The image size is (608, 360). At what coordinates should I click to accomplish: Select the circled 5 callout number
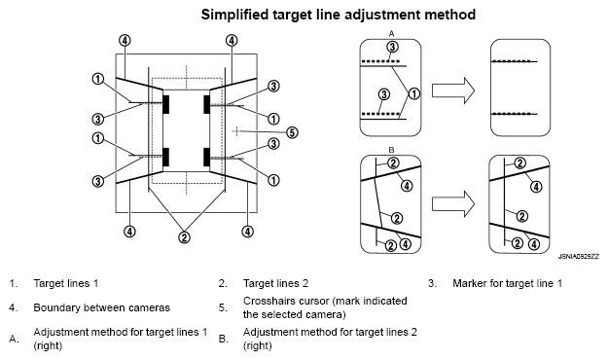292,132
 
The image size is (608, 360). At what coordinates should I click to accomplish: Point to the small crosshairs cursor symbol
236,131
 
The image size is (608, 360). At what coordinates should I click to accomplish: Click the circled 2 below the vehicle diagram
184,237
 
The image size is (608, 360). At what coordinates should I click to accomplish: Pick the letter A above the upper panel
391,34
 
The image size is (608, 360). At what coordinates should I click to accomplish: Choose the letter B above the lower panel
391,150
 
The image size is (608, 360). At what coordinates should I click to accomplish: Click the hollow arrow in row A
453,90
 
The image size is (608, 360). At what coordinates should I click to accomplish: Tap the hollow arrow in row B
453,203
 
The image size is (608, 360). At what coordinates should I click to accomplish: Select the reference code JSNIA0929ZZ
579,257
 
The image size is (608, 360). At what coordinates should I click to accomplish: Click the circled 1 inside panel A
414,93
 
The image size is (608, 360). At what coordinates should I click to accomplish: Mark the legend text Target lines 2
275,283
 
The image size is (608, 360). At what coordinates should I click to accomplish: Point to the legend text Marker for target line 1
507,283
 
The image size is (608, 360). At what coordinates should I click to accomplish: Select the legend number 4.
14,308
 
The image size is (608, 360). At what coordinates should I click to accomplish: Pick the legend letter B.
223,339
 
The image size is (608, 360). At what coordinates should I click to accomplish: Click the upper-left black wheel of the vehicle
166,104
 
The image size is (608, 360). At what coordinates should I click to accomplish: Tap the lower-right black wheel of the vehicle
206,157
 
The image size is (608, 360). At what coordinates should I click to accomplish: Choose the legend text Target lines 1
66,283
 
